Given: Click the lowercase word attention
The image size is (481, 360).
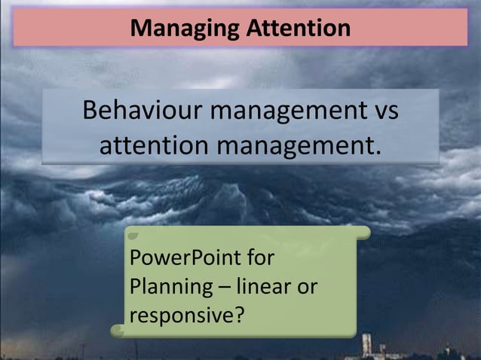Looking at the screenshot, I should click(155, 144).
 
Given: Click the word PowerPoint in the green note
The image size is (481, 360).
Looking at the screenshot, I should click(175, 259).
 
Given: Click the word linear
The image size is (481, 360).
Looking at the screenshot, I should click(262, 287).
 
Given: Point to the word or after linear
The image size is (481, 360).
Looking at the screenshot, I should click(307, 287).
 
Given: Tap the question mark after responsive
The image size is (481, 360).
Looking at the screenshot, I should click(239, 315).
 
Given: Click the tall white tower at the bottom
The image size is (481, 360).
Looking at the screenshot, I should click(366, 345).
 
